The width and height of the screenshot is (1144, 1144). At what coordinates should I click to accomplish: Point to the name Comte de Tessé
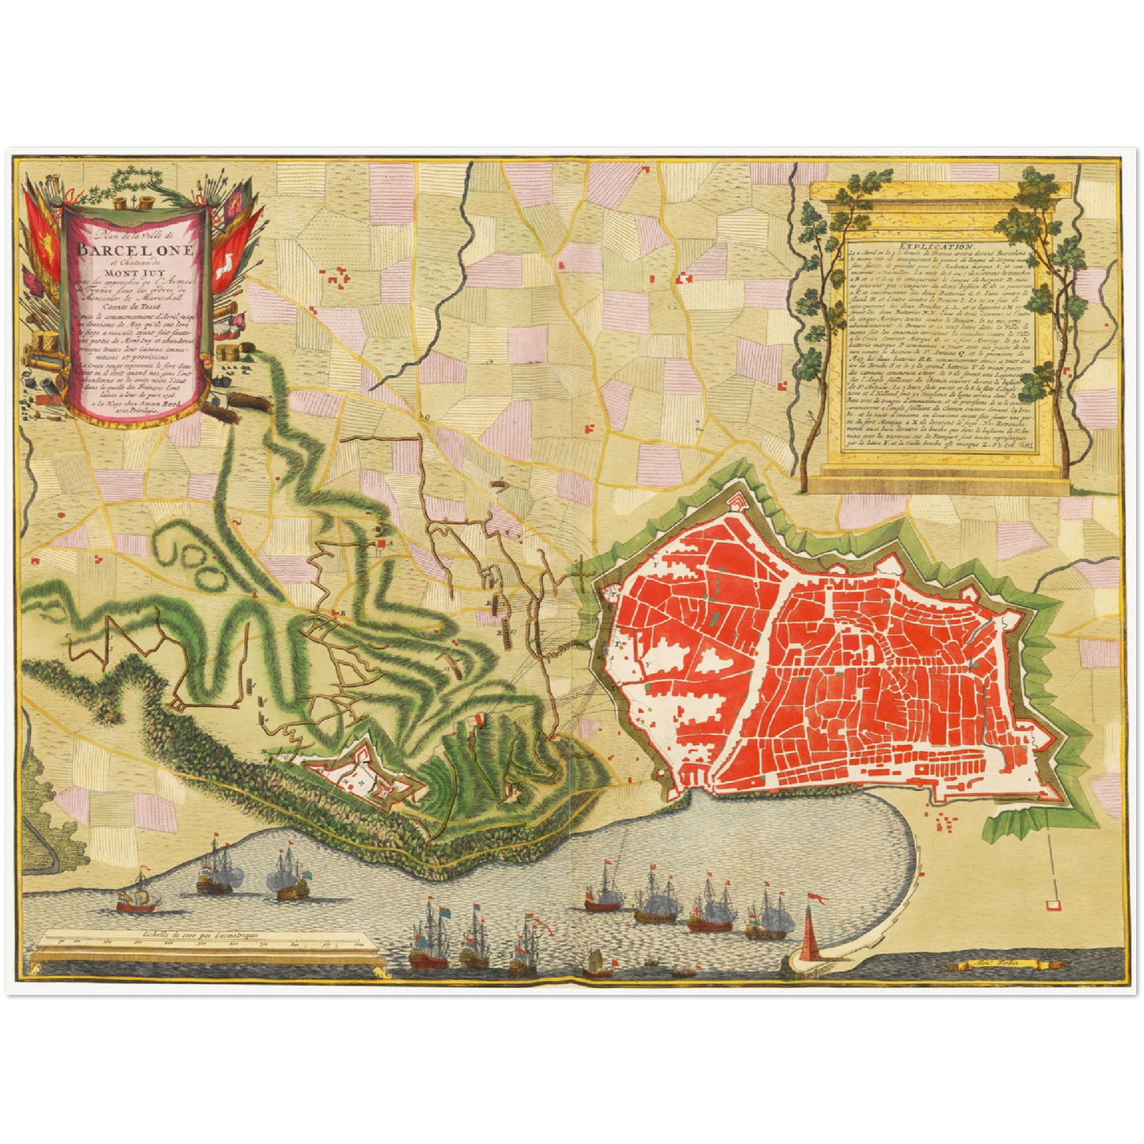pos(135,310)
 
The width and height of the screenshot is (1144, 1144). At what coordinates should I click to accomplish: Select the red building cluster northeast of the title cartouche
pos(340,277)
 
